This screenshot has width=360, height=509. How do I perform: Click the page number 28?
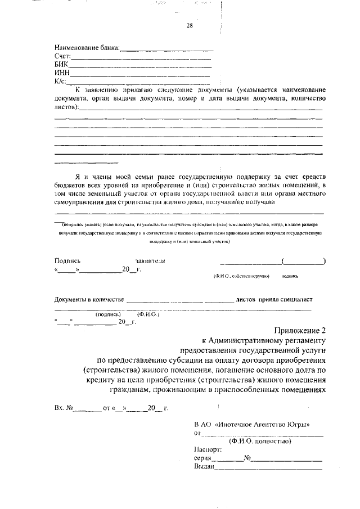click(190, 25)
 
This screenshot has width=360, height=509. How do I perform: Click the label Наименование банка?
click(87, 48)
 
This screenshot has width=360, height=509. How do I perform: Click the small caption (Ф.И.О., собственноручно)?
click(241, 277)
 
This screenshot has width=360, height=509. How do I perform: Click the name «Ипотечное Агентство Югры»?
click(263, 424)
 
